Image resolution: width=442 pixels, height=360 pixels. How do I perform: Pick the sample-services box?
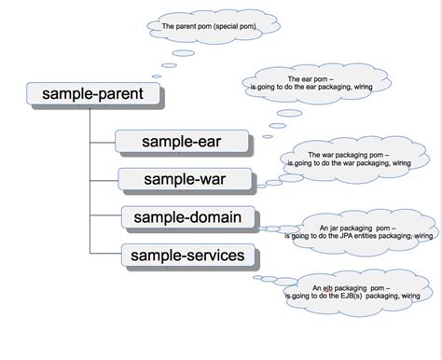point(188,255)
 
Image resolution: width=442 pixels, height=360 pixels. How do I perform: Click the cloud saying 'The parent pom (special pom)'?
point(207,27)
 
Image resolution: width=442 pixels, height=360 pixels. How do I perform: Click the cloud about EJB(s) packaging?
point(359,291)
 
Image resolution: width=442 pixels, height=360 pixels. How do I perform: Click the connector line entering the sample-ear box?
point(103,142)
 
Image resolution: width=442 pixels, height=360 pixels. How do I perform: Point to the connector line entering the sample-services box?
point(104,253)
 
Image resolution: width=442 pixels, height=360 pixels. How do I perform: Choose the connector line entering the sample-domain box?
point(104,218)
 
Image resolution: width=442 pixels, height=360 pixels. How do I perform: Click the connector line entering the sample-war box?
point(104,178)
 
